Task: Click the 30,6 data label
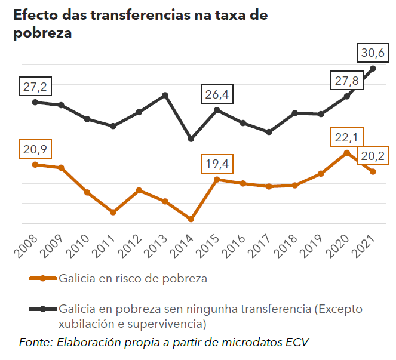[x=373, y=54]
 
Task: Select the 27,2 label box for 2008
[x=35, y=87]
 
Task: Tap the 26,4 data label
[x=217, y=94]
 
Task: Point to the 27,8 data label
[x=346, y=81]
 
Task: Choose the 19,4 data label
[x=217, y=164]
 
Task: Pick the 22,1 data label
[x=346, y=138]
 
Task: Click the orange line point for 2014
[x=191, y=219]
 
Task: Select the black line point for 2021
[x=373, y=68]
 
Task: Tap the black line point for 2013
[x=165, y=95]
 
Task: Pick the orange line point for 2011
[x=113, y=212]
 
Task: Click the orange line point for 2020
[x=347, y=153]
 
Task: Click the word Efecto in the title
[x=36, y=16]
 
